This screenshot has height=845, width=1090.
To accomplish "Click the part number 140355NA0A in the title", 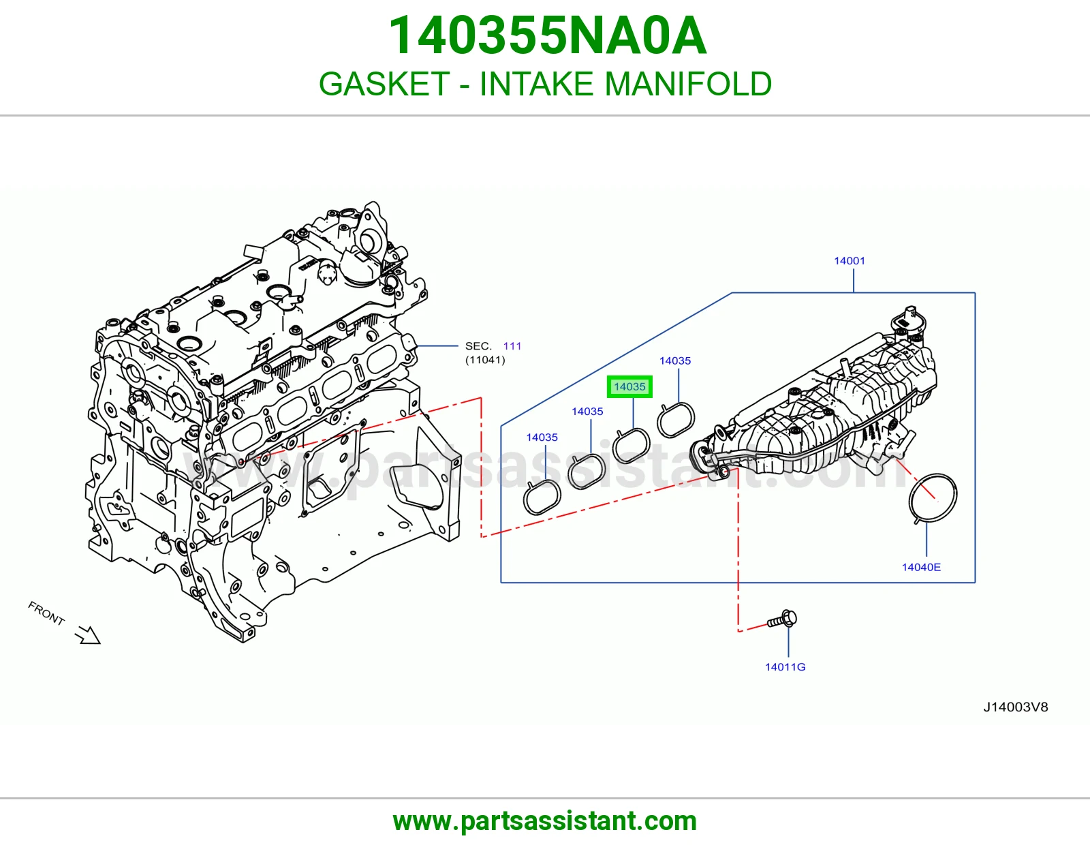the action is (x=547, y=36).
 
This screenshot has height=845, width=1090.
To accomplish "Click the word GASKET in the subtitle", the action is (x=384, y=84).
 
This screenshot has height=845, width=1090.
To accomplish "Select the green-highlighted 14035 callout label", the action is (x=629, y=387).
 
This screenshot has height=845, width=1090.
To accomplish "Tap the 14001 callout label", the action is (x=850, y=261).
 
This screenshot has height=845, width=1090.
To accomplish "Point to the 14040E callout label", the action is (x=921, y=568).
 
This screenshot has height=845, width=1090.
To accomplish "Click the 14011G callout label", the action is (x=785, y=667).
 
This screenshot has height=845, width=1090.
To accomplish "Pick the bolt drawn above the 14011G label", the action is (x=782, y=621).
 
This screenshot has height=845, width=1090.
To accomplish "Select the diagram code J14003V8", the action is (x=1015, y=707).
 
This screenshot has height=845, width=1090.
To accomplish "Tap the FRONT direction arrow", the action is (x=89, y=634).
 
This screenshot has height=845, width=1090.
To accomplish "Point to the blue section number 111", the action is (x=512, y=346).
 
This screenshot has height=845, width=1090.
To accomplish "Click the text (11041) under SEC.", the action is (x=485, y=360).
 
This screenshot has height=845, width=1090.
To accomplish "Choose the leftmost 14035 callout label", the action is (x=542, y=437).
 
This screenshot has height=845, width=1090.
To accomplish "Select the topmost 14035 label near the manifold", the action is (x=674, y=360).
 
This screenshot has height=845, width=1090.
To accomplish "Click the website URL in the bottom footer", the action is (x=545, y=821).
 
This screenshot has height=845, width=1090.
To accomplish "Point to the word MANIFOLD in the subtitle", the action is (x=688, y=84).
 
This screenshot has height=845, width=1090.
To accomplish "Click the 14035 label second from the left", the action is (x=587, y=412).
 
